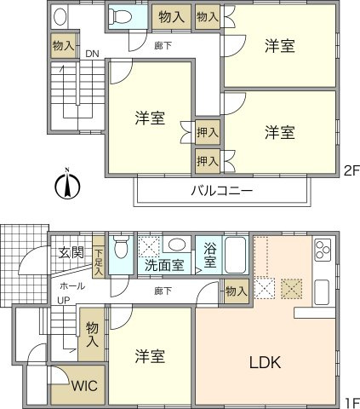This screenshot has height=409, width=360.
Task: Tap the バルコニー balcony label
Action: (x=221, y=191)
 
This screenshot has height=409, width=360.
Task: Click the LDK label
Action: (x=266, y=362)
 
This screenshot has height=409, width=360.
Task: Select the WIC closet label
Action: (x=84, y=385)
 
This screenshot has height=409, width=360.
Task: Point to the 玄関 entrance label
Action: (x=71, y=252)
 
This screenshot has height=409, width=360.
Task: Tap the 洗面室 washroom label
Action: (x=164, y=265)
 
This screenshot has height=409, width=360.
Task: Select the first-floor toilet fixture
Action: (x=121, y=246)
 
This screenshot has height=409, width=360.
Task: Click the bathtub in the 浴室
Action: (x=235, y=255)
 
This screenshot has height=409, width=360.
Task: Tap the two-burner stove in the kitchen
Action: (x=323, y=249)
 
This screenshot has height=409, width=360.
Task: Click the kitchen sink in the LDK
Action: (x=322, y=292)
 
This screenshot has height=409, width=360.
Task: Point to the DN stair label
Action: (x=92, y=54)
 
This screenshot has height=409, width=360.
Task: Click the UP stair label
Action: (x=64, y=300)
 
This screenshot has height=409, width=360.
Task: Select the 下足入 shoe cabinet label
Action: (x=99, y=262)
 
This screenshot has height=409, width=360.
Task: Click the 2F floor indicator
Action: (x=351, y=171)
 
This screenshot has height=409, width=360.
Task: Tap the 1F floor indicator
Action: (x=352, y=403)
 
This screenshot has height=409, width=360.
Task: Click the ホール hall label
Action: (x=72, y=285)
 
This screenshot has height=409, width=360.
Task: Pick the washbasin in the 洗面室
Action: (x=177, y=244)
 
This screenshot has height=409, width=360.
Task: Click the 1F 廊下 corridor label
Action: (x=163, y=291)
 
